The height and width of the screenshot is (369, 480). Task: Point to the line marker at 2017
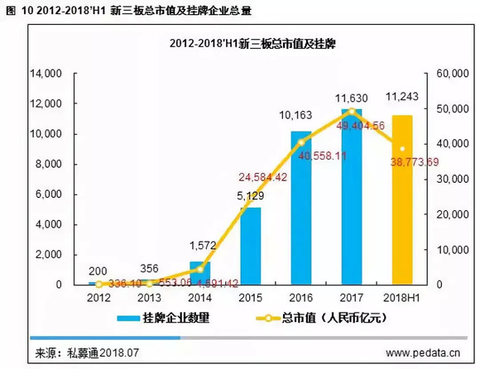(352, 111)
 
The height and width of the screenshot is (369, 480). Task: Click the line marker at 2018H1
(402, 149)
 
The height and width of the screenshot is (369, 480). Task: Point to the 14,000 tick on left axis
(47, 74)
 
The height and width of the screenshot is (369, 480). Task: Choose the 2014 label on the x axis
(199, 297)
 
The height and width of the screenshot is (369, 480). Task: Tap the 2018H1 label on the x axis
(403, 297)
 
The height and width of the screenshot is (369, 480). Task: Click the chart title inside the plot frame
(241, 41)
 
